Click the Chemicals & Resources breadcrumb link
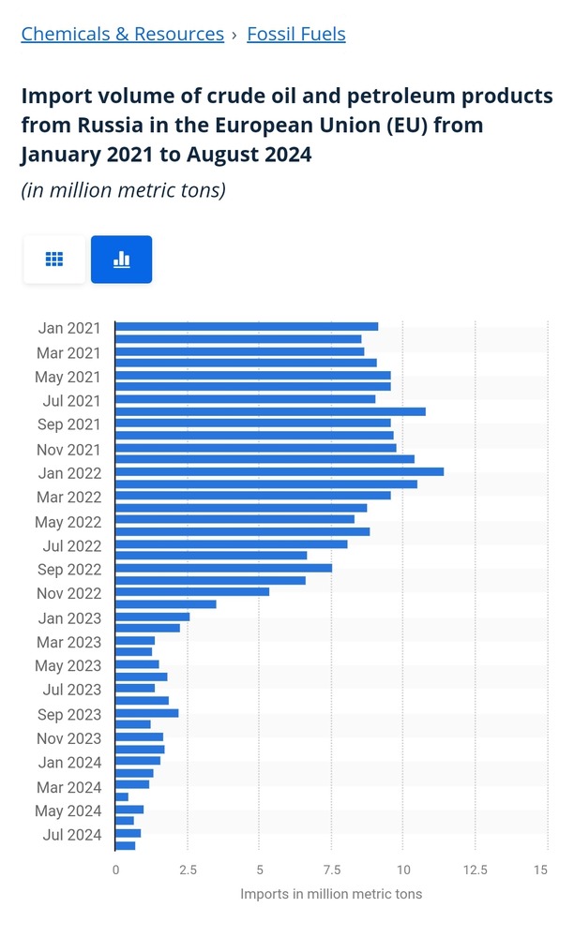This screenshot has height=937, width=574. click(122, 35)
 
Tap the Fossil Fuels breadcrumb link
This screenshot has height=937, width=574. click(295, 35)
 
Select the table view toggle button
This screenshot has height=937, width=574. click(54, 260)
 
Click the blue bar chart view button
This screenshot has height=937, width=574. click(121, 260)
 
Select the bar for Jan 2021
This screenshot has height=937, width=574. click(246, 327)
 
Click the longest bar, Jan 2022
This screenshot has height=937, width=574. click(279, 471)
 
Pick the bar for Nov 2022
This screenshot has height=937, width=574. click(191, 592)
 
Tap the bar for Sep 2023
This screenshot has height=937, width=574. click(146, 713)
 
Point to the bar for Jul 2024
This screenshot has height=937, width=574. click(128, 833)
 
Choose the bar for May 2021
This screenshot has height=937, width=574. click(252, 375)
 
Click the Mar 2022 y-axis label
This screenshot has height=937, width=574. click(68, 497)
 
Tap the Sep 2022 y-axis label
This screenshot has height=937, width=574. click(68, 569)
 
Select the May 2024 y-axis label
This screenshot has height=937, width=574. click(68, 811)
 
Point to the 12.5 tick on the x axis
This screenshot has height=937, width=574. click(476, 870)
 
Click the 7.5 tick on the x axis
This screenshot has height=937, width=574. click(331, 870)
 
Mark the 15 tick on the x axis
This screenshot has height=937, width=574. click(540, 870)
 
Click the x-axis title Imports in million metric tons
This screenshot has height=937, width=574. click(331, 894)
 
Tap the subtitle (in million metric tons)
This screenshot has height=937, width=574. click(123, 190)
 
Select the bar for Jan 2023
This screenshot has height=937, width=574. click(152, 617)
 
